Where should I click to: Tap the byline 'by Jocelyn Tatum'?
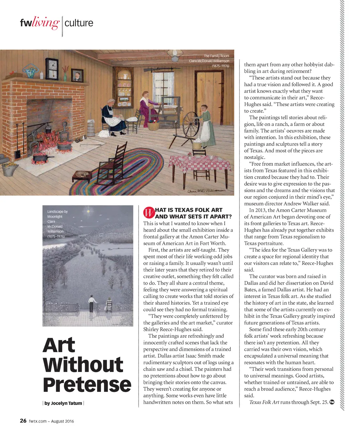tap(63, 403)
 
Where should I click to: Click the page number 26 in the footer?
tap(23, 421)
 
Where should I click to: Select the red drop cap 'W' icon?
tap(149, 213)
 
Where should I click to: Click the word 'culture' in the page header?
tap(79, 23)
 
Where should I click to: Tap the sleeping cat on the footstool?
tap(81, 173)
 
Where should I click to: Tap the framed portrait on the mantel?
tap(76, 74)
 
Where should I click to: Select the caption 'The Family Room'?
tap(216, 56)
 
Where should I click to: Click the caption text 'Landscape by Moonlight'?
tap(57, 214)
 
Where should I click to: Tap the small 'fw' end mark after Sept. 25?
tap(332, 402)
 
